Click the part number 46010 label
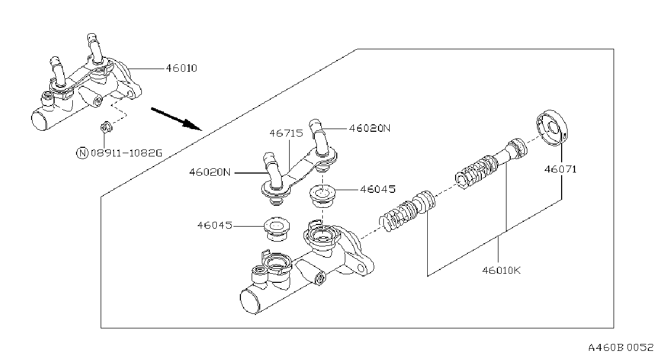181,69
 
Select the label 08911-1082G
126,153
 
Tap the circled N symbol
82,153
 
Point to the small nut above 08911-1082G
105,127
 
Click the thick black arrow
176,119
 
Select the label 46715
286,133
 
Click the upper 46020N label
369,129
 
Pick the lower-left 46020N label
210,172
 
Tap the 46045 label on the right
378,189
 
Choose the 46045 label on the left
215,226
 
